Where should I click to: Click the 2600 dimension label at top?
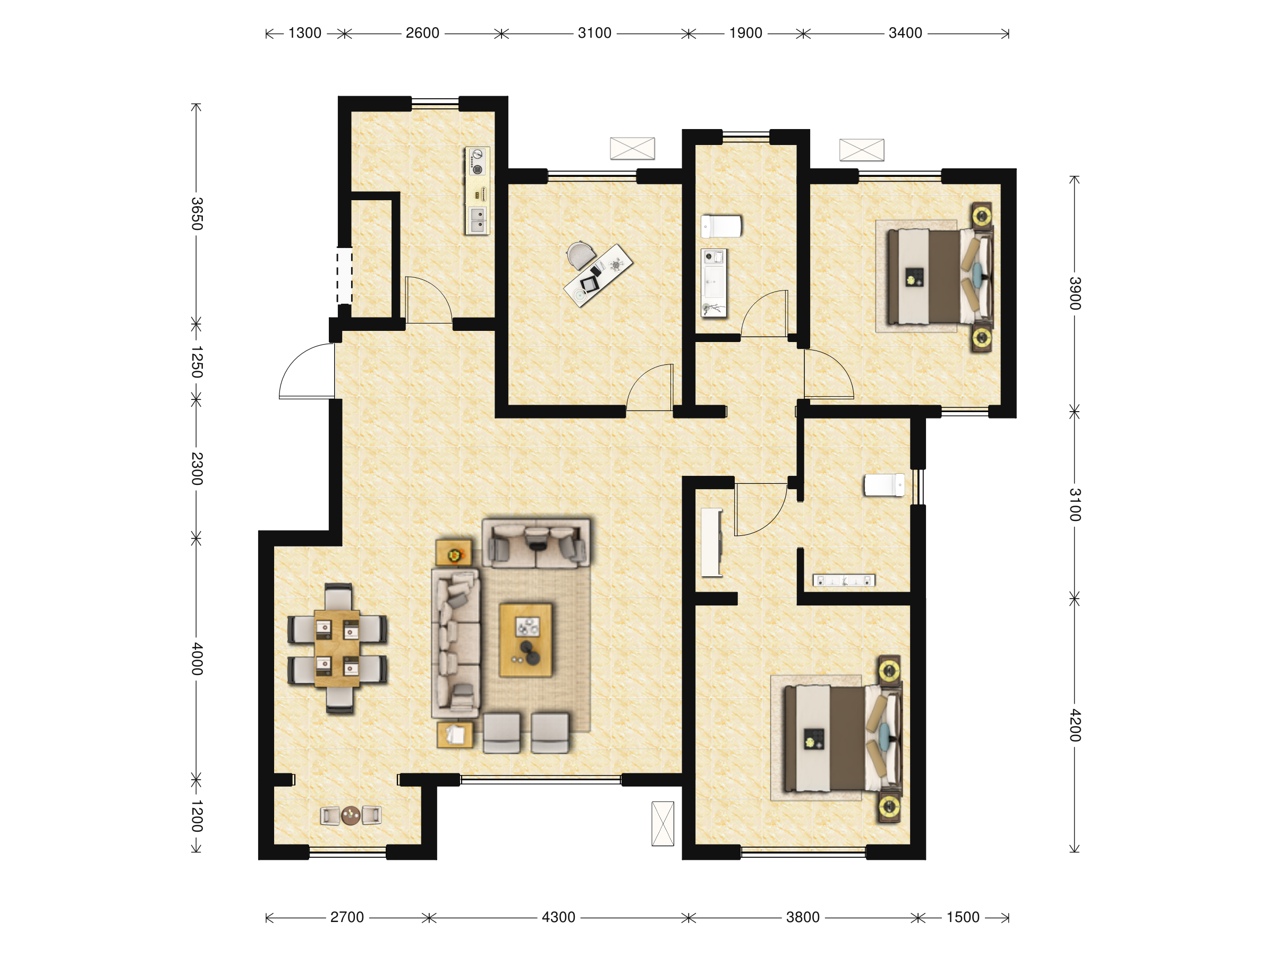422,33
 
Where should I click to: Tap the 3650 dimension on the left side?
197,214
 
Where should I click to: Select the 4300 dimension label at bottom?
558,917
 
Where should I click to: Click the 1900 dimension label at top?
746,33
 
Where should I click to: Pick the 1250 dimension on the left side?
197,362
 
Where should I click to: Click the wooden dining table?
337,648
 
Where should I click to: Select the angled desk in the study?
598,276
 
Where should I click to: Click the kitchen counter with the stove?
477,191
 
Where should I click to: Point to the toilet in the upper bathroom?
721,226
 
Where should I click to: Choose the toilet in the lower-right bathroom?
884,484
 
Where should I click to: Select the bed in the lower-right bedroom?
842,738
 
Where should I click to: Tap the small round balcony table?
351,815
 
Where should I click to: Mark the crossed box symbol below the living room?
663,823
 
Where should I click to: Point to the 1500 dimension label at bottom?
963,917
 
